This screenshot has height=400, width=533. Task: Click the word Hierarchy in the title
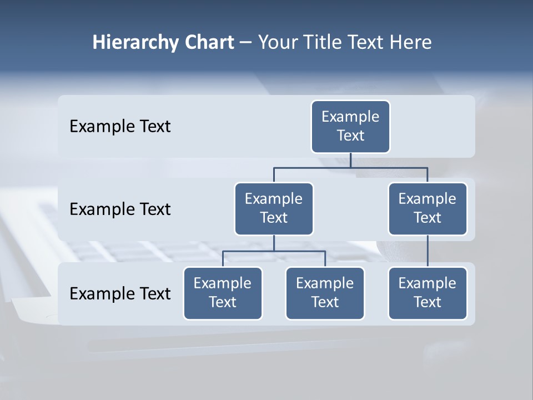point(135,43)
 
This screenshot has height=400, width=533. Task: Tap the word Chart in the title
point(209,42)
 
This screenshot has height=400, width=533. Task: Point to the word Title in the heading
point(323,42)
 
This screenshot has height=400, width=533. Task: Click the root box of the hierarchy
point(350,127)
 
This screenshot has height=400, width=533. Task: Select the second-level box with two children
point(274,208)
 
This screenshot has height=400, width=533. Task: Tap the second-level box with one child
point(428,208)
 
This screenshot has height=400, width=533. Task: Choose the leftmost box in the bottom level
point(223,293)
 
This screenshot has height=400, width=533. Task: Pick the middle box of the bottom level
point(325,293)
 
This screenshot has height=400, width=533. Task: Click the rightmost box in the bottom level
point(428,293)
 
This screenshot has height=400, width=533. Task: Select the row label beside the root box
point(120,127)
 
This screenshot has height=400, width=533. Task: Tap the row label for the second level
point(120,209)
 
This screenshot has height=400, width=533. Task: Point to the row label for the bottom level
point(120,293)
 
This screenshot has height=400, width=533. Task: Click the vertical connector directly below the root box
point(350,160)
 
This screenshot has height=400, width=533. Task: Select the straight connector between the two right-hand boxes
point(428,251)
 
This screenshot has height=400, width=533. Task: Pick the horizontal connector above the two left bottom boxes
point(274,251)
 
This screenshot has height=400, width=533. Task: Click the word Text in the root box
point(350,136)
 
